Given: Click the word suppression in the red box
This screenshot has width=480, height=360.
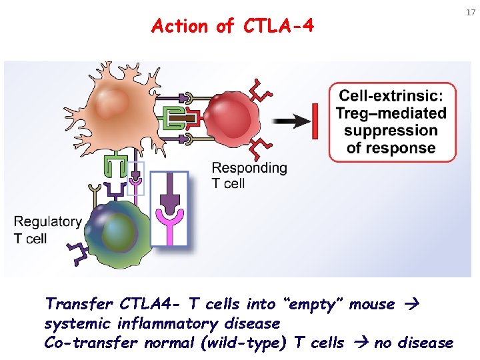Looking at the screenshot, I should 391,131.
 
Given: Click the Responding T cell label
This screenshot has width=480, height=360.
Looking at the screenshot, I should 249,175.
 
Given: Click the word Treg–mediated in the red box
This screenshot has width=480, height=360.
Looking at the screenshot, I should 391,113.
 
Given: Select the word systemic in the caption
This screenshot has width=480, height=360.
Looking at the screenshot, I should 75,324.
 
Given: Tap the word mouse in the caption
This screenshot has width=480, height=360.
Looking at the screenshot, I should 372,305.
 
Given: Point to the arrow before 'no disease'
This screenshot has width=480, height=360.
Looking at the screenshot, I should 362,343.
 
